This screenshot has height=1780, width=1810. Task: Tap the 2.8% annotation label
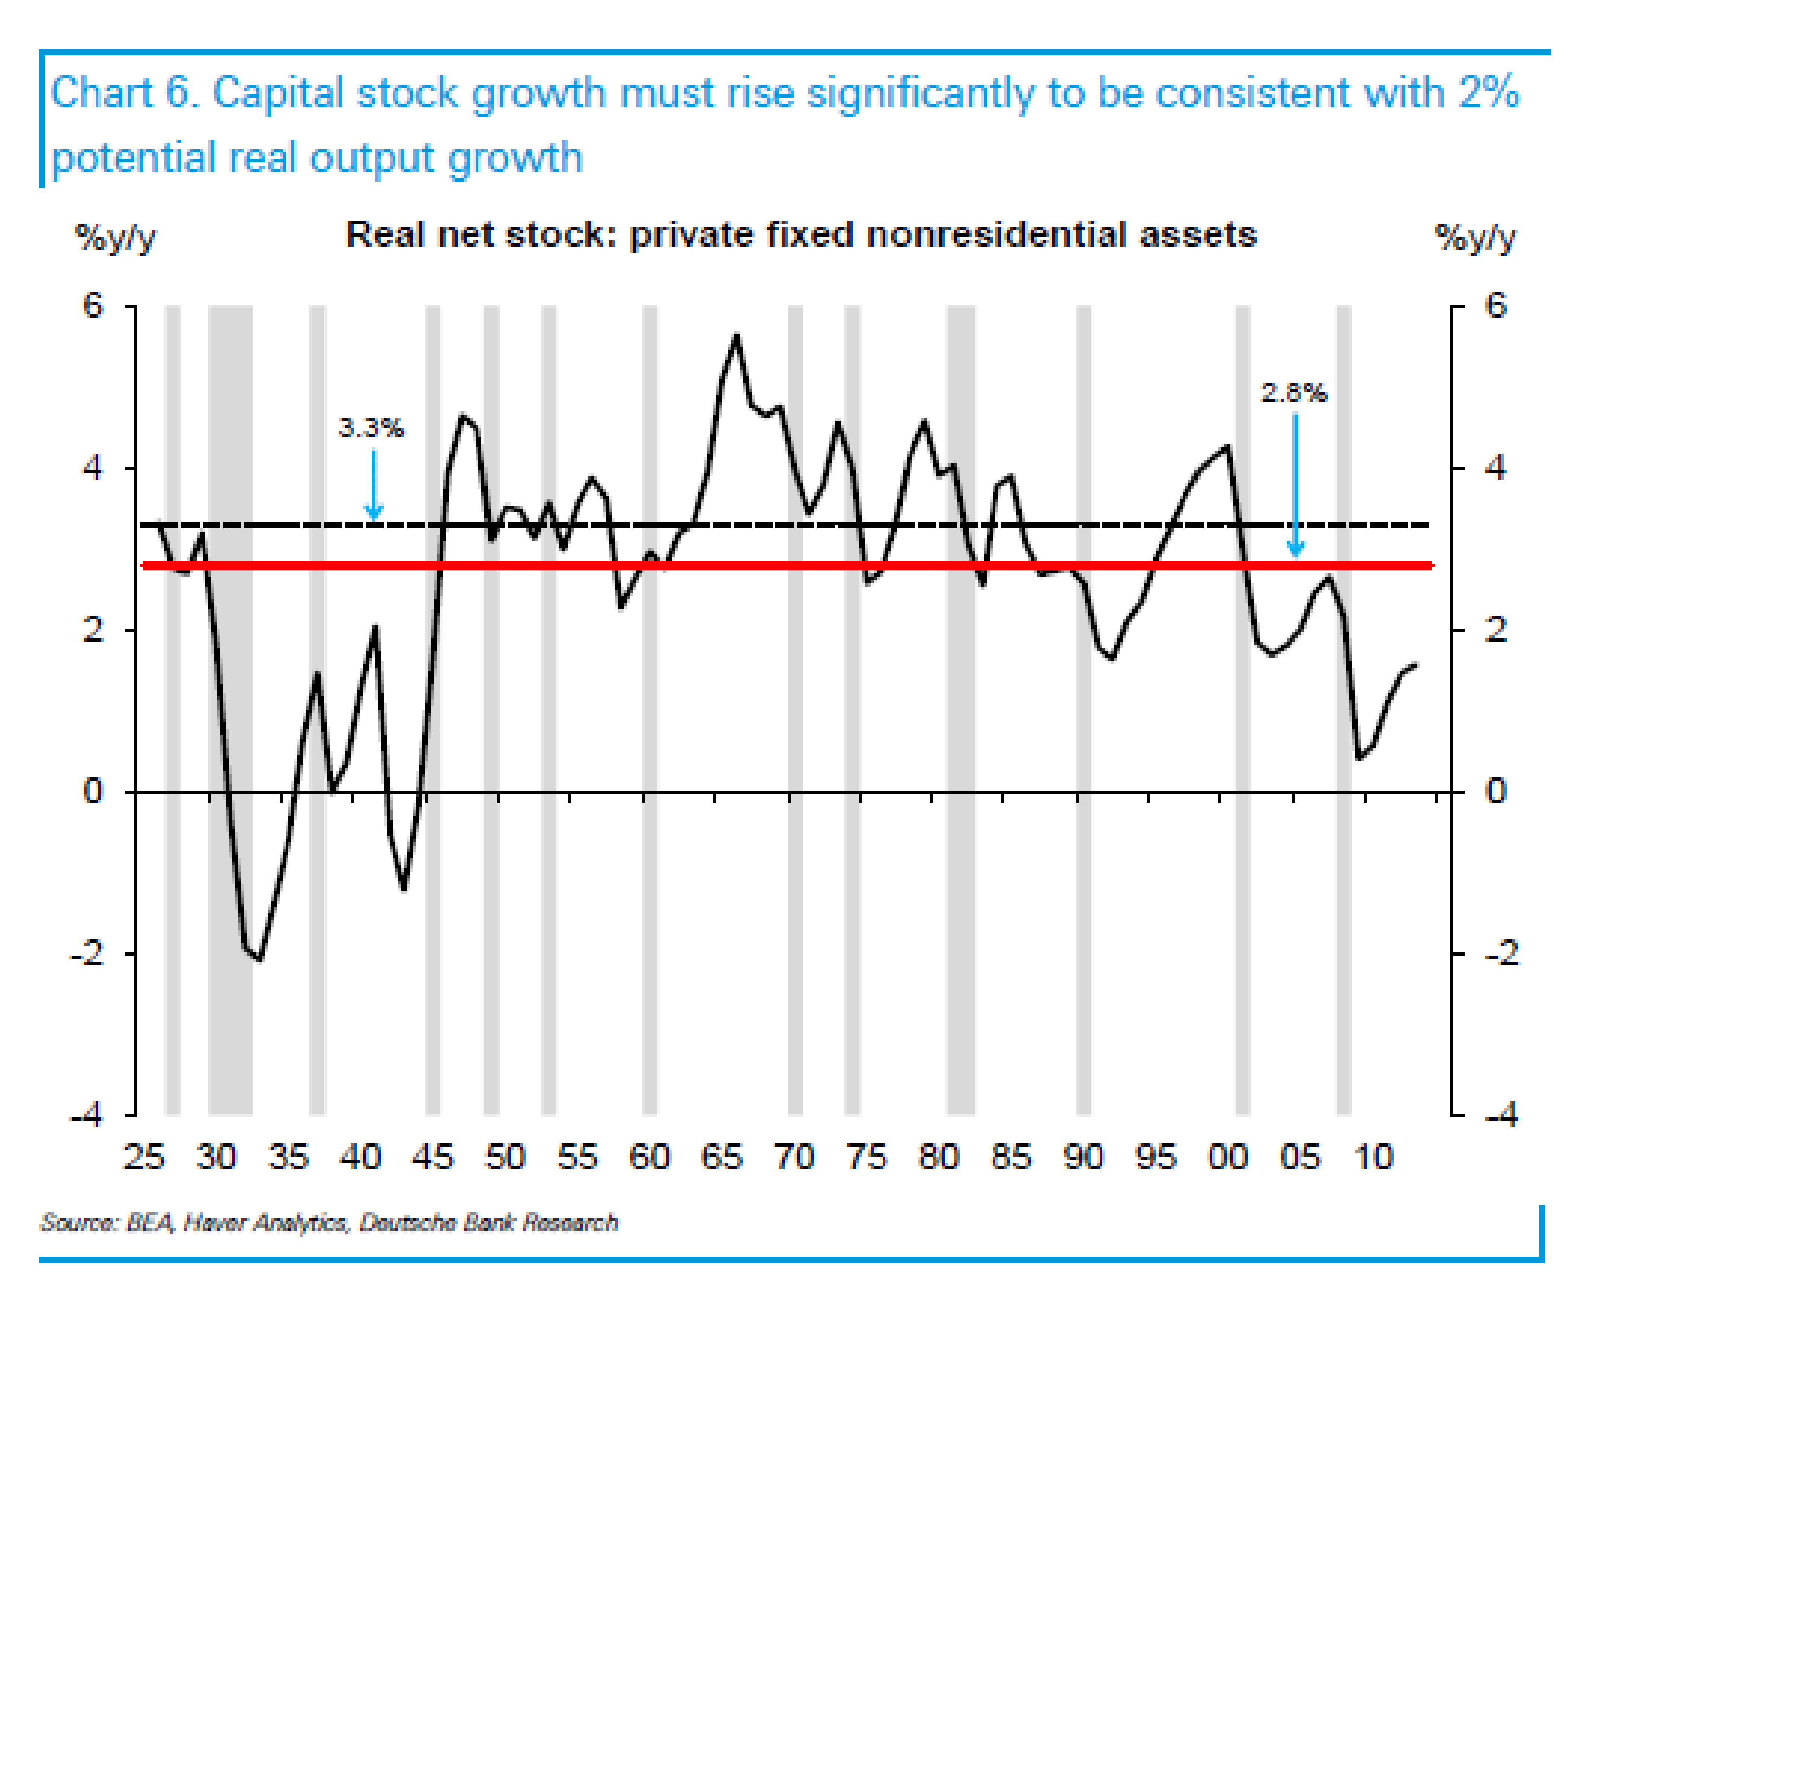pyautogui.click(x=1293, y=393)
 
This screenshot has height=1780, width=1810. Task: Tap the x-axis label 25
pyautogui.click(x=144, y=1157)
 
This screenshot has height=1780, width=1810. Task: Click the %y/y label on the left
pyautogui.click(x=115, y=238)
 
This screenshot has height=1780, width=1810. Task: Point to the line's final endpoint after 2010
pyautogui.click(x=1415, y=665)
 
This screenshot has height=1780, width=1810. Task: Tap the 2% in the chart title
pyautogui.click(x=1489, y=93)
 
